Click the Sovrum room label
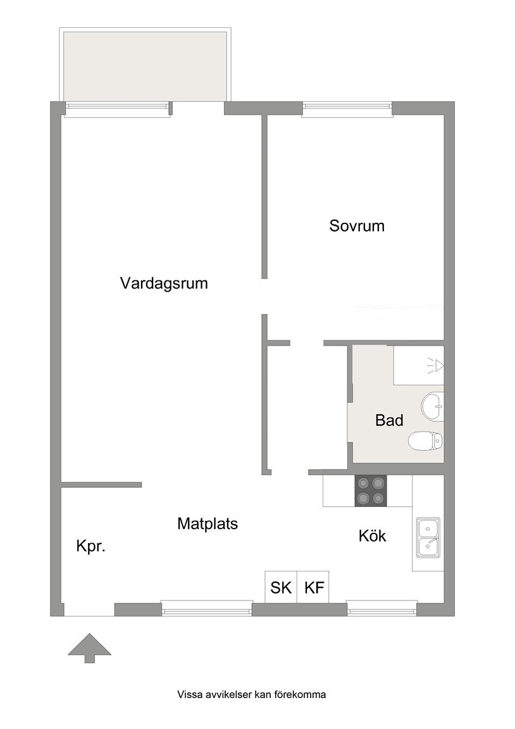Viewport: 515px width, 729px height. pyautogui.click(x=357, y=226)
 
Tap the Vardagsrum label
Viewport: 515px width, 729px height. pyautogui.click(x=164, y=283)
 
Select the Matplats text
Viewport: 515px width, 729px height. pyautogui.click(x=208, y=524)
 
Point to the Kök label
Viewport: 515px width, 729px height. pyautogui.click(x=372, y=535)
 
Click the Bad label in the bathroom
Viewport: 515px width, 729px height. pyautogui.click(x=389, y=420)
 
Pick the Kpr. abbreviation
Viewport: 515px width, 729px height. pyautogui.click(x=91, y=546)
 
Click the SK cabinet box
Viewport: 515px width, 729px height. pyautogui.click(x=281, y=587)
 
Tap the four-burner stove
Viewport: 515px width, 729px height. pyautogui.click(x=371, y=490)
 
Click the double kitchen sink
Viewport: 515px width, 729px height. pyautogui.click(x=428, y=537)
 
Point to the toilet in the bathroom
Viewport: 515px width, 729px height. pyautogui.click(x=425, y=440)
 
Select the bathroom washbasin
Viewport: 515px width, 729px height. pyautogui.click(x=432, y=406)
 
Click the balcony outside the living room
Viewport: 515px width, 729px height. pyautogui.click(x=145, y=66)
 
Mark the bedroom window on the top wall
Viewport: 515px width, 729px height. pyautogui.click(x=347, y=108)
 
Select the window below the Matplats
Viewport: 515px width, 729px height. pyautogui.click(x=206, y=608)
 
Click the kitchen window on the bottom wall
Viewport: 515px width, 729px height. pyautogui.click(x=382, y=608)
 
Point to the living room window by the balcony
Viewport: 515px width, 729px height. pyautogui.click(x=116, y=108)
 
